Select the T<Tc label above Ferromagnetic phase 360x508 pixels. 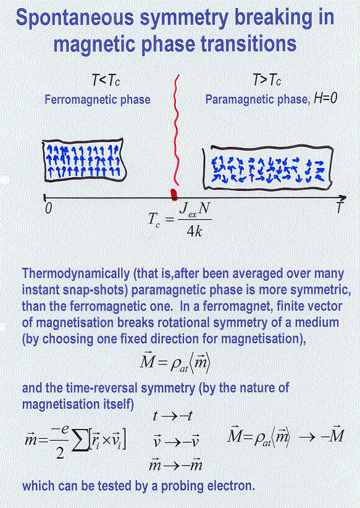106,80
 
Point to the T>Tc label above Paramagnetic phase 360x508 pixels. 267,80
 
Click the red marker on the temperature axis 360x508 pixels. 174,194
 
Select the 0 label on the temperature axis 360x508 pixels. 48,208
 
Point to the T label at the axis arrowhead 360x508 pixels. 339,207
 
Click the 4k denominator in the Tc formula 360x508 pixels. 194,231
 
